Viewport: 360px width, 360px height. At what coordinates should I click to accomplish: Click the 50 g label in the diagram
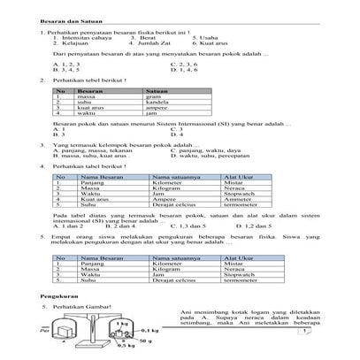(x=147, y=341)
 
